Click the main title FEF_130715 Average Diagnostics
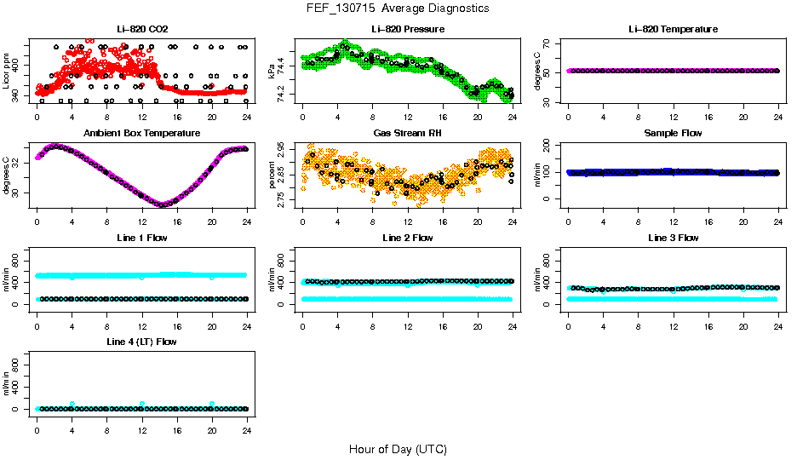pos(398,9)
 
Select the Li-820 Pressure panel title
pos(408,30)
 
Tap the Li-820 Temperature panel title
pos(673,30)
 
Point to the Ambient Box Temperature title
pos(142,134)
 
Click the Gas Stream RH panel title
pos(408,134)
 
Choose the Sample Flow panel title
pos(673,134)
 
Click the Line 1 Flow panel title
pos(142,238)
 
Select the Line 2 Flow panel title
pos(408,238)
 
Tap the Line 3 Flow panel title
pos(673,238)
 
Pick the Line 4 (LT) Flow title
pos(142,342)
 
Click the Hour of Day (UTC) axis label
pos(398,449)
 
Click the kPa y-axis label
pos(272,71)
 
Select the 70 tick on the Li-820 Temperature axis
pos(548,43)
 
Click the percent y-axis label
pos(272,175)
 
